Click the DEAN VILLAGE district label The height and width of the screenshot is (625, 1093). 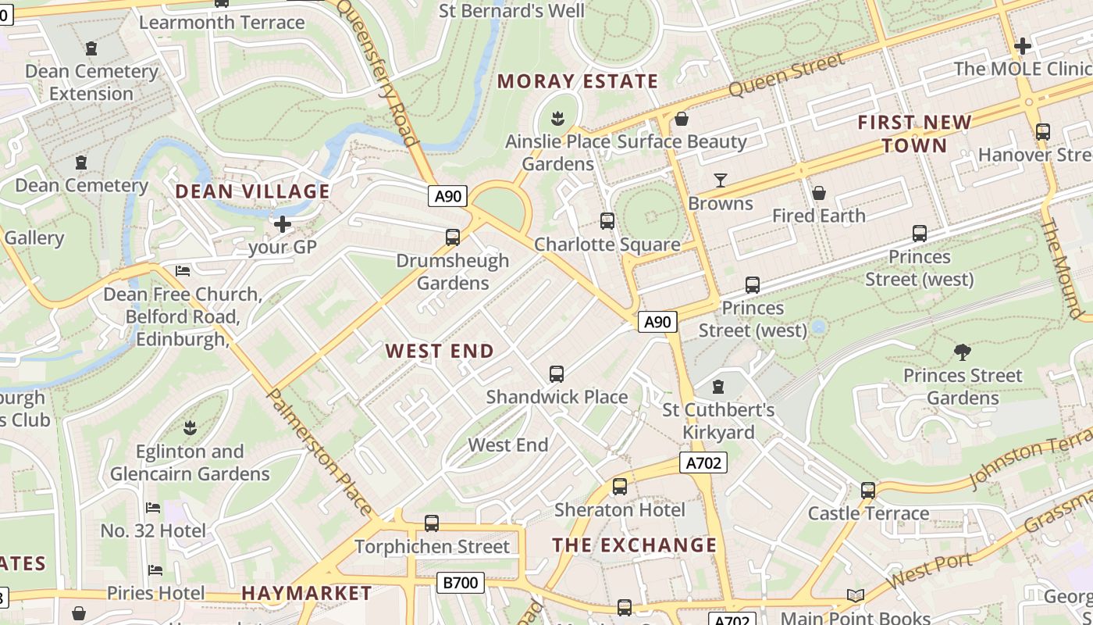252,191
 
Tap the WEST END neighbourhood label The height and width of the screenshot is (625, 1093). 440,352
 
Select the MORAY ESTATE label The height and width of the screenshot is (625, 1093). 578,81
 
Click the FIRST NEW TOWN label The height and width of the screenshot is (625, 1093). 914,134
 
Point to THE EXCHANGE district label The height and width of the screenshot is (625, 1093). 635,545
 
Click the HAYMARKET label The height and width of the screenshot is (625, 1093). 307,593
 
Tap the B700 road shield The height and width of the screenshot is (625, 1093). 460,582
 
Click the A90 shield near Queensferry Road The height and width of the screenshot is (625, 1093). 447,195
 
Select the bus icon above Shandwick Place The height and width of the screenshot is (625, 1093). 557,374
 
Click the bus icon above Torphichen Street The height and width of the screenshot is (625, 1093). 432,523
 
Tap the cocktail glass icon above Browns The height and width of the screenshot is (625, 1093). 721,180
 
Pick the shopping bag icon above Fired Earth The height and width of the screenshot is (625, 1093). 819,192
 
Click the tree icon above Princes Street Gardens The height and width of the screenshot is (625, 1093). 963,352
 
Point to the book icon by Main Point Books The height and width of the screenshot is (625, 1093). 856,596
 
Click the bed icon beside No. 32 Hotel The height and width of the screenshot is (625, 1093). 153,508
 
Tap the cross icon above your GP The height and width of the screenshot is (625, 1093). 283,224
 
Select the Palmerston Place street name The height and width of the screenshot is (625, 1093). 319,452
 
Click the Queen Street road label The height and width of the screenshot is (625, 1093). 786,75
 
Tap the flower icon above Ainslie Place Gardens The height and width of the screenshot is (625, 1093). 558,120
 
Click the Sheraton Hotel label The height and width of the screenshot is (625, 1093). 620,510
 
